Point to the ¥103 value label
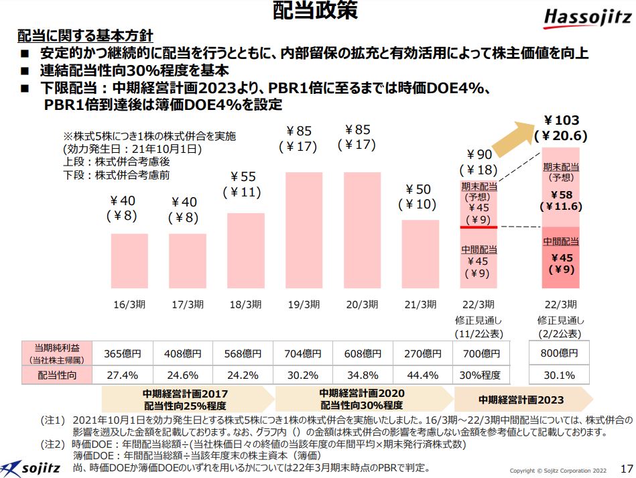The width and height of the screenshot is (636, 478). (561, 121)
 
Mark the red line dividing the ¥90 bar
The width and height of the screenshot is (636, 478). (479, 227)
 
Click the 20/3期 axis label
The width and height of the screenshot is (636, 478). (361, 304)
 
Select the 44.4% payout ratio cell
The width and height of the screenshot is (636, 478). (420, 375)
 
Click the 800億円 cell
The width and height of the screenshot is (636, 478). (559, 353)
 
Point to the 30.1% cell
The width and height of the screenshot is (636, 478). (559, 375)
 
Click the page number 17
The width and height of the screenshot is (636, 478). (627, 467)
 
